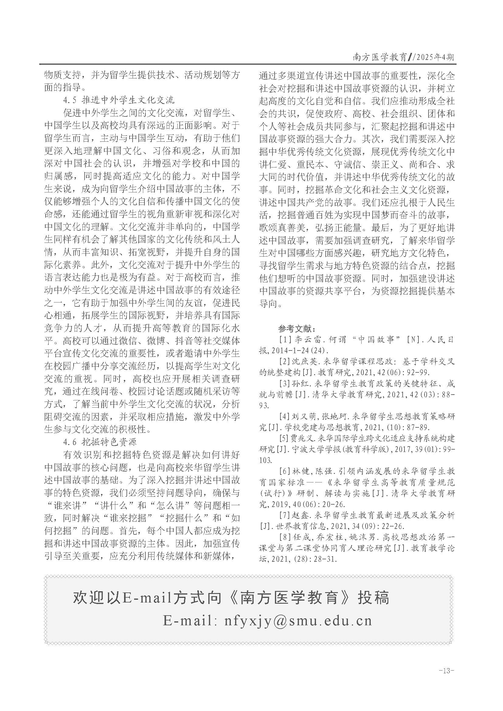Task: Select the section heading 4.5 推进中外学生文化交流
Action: tap(119, 100)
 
